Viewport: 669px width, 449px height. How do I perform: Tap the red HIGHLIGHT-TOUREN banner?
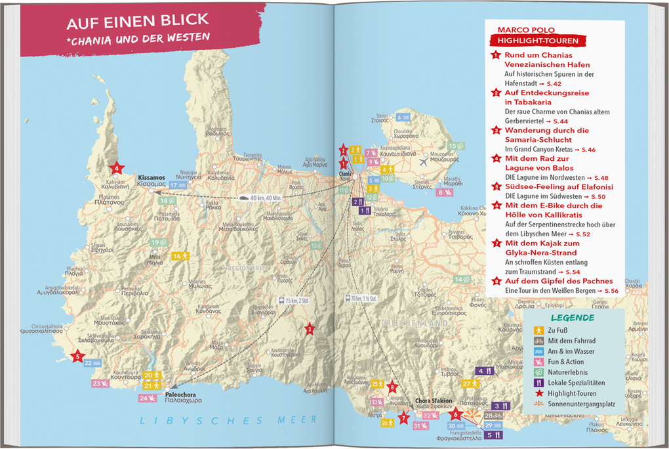tap(537, 41)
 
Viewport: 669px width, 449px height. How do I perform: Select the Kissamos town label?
tap(152, 177)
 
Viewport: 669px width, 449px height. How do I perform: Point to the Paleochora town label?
tap(180, 395)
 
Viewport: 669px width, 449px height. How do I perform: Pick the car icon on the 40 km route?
tap(244, 197)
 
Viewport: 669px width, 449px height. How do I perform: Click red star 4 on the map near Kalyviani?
tap(117, 168)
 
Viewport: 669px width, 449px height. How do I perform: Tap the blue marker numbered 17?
tap(178, 186)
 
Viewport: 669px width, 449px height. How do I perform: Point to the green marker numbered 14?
tap(462, 280)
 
